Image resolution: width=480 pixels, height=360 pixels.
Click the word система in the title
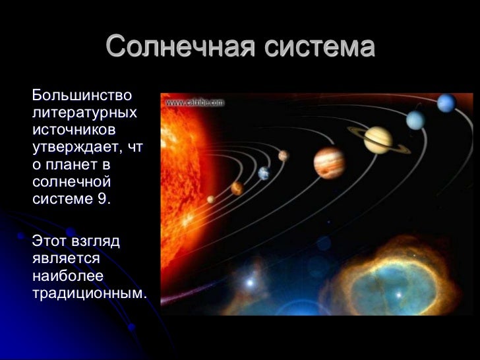pos(319,47)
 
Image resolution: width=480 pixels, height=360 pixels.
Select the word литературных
pos(84,113)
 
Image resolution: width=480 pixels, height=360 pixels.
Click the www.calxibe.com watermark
pos(195,103)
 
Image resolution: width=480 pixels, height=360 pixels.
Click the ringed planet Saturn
pos(378,140)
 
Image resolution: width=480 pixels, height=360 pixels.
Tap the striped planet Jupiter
pos(328,162)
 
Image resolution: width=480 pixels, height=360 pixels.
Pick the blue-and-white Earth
pos(264,173)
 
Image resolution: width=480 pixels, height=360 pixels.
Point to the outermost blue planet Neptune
pos(446,103)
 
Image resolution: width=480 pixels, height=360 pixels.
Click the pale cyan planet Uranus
pos(415,120)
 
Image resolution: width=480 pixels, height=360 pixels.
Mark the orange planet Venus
pos(237,189)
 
